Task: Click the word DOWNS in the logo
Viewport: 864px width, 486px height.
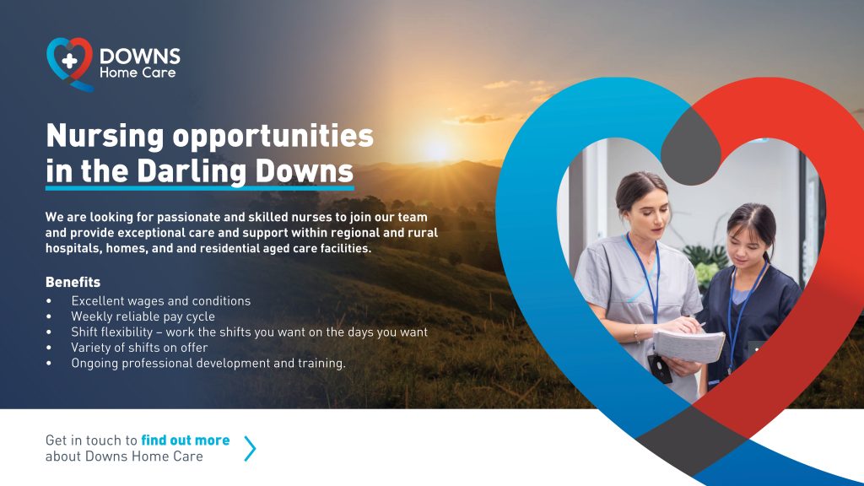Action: (140, 57)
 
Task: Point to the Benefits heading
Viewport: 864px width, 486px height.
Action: (73, 282)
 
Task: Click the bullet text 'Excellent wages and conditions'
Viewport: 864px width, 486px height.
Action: (161, 301)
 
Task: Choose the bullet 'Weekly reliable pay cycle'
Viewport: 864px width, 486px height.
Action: (143, 316)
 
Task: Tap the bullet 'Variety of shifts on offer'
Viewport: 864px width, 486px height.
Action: (139, 348)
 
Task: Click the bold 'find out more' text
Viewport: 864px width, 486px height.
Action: (185, 440)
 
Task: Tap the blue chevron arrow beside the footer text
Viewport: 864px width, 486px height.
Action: (250, 449)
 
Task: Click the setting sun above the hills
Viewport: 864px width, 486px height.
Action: (435, 148)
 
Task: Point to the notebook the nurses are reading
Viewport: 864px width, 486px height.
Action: (688, 345)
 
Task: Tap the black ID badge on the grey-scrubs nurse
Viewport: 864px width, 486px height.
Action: (660, 369)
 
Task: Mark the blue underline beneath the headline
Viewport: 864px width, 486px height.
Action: (199, 188)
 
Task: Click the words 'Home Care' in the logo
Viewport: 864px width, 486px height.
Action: (138, 73)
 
